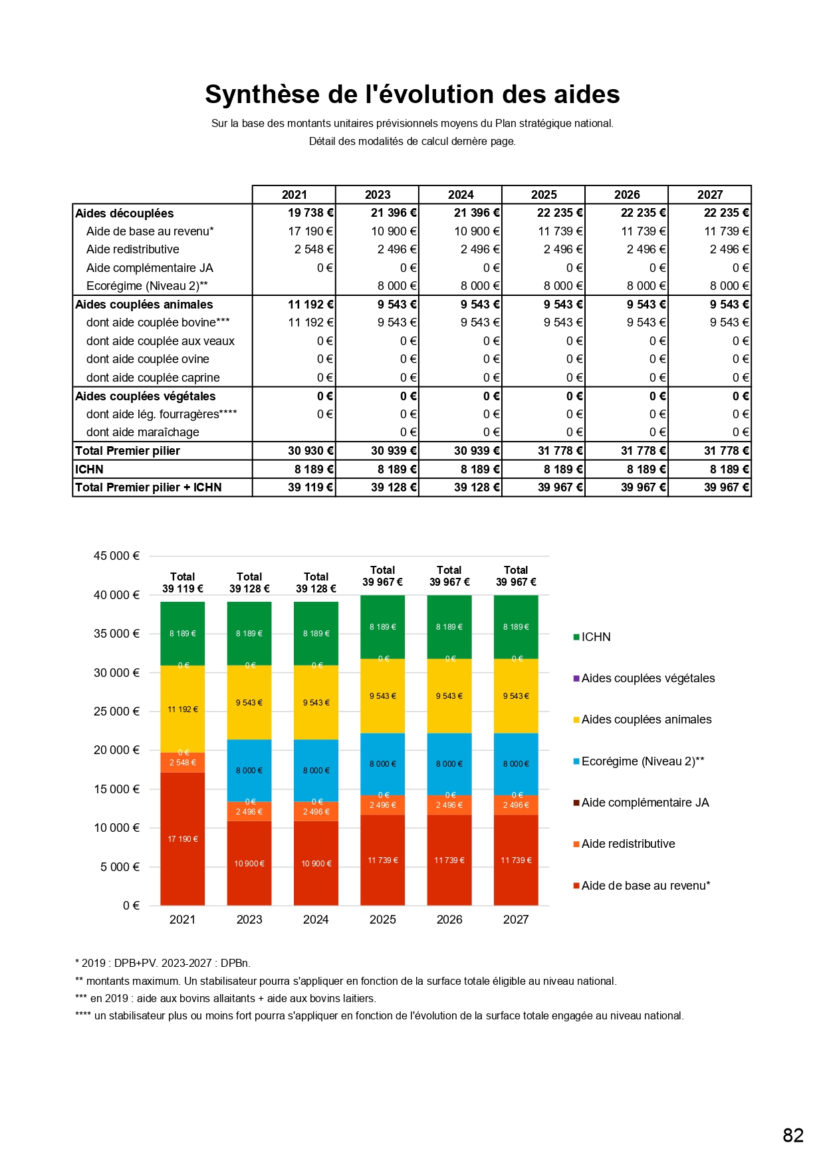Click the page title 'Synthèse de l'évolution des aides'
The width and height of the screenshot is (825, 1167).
(x=412, y=94)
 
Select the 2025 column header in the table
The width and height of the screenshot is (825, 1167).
(x=544, y=195)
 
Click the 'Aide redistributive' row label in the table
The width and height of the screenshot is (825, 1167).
(x=133, y=249)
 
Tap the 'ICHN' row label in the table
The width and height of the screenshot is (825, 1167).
(x=89, y=469)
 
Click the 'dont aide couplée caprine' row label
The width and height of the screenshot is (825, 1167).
(x=153, y=378)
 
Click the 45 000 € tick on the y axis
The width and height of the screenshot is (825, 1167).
(x=116, y=556)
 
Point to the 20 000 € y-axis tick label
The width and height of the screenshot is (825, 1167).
(x=116, y=750)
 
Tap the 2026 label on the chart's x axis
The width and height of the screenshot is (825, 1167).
(x=449, y=920)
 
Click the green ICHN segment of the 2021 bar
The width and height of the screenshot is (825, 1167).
(x=183, y=634)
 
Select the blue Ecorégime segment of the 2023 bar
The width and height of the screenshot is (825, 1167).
(x=249, y=770)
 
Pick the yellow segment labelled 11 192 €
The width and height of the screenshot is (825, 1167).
(x=183, y=710)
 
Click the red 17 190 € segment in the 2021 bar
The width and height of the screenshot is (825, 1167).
(x=183, y=839)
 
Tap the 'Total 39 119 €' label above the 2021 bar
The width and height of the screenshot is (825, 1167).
(x=183, y=583)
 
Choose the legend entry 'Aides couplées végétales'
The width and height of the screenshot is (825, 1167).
(x=648, y=678)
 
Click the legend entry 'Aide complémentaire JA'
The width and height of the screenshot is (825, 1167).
(x=645, y=803)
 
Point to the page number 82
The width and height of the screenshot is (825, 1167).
(x=793, y=1135)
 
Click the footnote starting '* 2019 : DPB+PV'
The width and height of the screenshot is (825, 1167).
(x=163, y=963)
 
